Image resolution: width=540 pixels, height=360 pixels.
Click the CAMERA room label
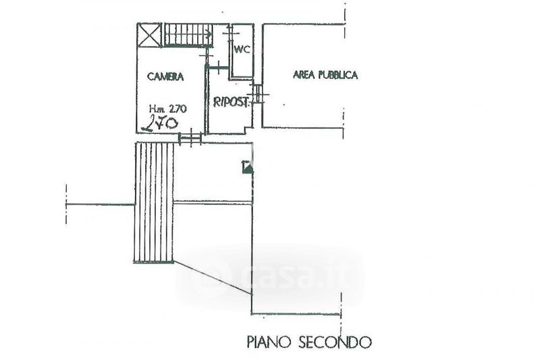point(165,77)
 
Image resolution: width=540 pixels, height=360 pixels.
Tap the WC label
point(241,50)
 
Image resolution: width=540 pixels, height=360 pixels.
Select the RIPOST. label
point(232,103)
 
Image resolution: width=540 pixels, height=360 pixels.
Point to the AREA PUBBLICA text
point(325,75)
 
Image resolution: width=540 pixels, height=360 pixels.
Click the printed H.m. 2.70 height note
point(168,108)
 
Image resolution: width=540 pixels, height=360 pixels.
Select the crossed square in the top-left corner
point(148,34)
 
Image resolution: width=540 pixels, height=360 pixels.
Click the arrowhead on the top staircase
point(210,32)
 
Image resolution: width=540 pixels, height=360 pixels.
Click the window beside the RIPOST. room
point(258,95)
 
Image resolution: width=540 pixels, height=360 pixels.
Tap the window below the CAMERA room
point(190,139)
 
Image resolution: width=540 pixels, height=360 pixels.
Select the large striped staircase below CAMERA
point(155,202)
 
